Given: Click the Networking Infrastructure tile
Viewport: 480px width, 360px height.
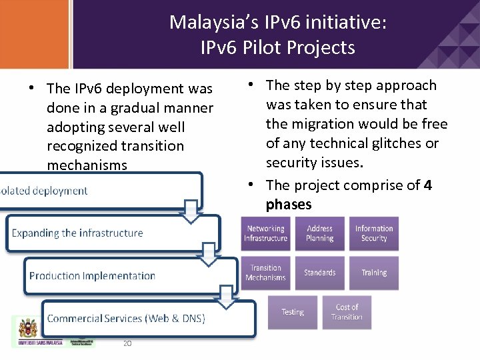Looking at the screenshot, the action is click(x=265, y=233).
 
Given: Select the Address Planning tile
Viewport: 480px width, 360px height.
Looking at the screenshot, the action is click(x=320, y=233).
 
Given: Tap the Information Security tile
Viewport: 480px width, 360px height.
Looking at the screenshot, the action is click(x=374, y=233).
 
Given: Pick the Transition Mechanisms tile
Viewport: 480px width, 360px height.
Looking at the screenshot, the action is click(x=265, y=273).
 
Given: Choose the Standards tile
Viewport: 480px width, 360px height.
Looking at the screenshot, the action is click(x=320, y=273).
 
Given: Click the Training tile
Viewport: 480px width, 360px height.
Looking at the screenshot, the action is click(x=374, y=273).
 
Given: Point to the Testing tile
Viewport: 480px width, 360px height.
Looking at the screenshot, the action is click(x=292, y=312).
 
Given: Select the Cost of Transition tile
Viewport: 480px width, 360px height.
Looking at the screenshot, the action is click(x=347, y=312).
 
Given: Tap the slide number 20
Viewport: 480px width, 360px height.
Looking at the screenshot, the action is click(x=127, y=343).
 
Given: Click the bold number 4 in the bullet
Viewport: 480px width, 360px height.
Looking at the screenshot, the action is click(x=427, y=185).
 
